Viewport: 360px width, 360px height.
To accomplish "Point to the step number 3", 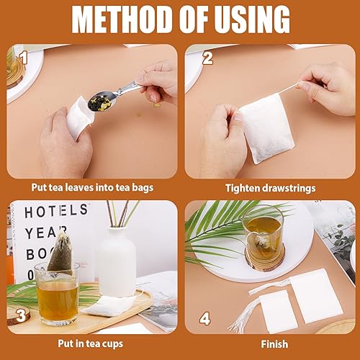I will (x=22, y=315).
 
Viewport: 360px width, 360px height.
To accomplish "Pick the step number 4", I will (x=205, y=318).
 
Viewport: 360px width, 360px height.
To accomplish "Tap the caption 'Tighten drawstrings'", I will (x=270, y=188).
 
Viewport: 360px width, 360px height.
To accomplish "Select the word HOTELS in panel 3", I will (x=50, y=212).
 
